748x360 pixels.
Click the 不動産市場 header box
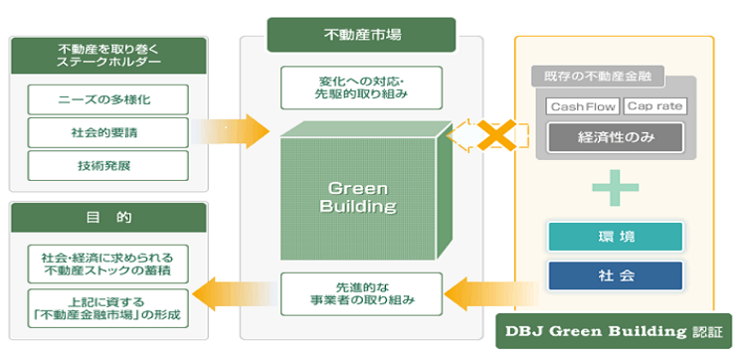[361, 35]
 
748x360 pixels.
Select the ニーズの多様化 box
[107, 99]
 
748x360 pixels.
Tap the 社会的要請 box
[107, 132]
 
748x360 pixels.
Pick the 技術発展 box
[107, 166]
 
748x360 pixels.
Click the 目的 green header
[108, 218]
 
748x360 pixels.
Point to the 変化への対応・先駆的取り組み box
[361, 88]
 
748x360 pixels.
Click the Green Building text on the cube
[358, 198]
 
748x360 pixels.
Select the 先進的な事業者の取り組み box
[361, 293]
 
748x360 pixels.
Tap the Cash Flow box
[583, 106]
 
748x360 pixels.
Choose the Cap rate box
[654, 106]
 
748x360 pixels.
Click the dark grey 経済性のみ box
[616, 138]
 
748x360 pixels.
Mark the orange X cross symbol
[497, 135]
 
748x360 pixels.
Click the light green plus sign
[616, 188]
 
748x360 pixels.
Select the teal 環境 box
[616, 237]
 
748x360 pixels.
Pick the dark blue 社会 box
[616, 275]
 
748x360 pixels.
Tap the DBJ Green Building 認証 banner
[614, 331]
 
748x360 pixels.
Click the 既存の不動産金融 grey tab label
[598, 77]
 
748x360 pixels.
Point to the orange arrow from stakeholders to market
[233, 131]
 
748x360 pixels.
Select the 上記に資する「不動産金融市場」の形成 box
[107, 308]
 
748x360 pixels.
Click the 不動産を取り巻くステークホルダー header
[108, 56]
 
